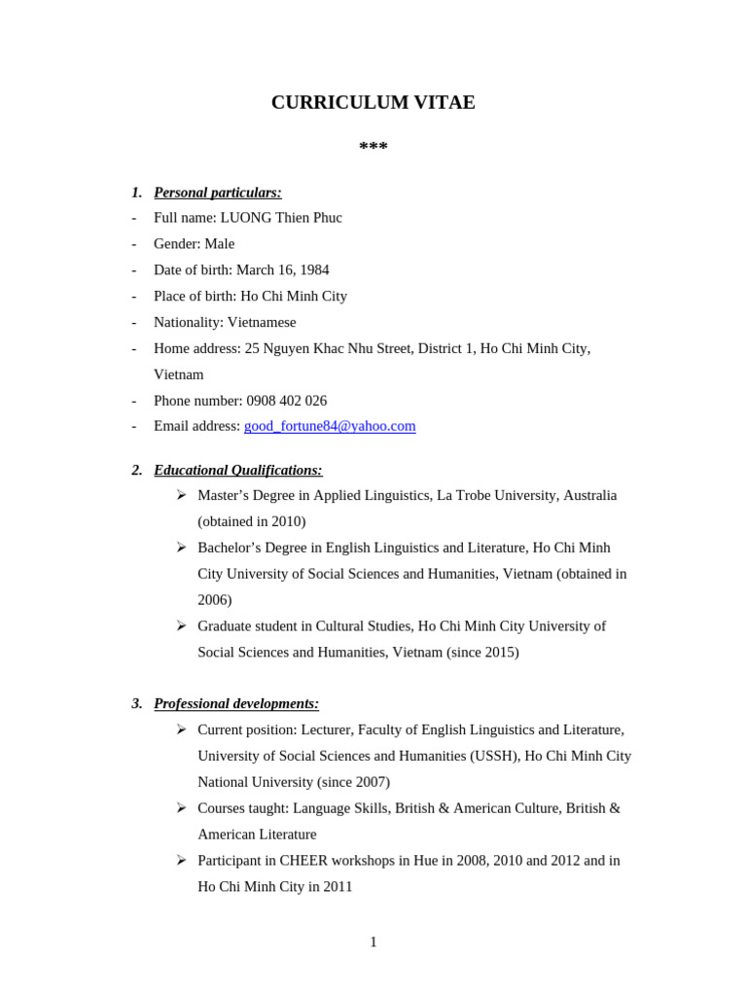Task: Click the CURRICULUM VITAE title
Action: point(373,103)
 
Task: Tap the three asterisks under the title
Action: point(373,148)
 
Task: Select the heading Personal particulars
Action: point(218,193)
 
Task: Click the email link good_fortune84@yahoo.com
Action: point(330,426)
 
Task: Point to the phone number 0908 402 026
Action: point(287,401)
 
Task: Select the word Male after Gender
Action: point(219,244)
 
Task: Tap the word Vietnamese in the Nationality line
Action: point(262,322)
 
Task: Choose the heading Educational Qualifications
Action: point(238,470)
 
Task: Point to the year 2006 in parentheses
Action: point(214,600)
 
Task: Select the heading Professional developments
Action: point(236,703)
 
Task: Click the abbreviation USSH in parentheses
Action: point(493,756)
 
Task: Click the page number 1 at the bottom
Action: point(373,942)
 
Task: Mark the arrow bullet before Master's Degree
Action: point(181,495)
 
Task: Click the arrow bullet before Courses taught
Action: point(181,807)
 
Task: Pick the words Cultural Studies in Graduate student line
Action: point(364,626)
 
